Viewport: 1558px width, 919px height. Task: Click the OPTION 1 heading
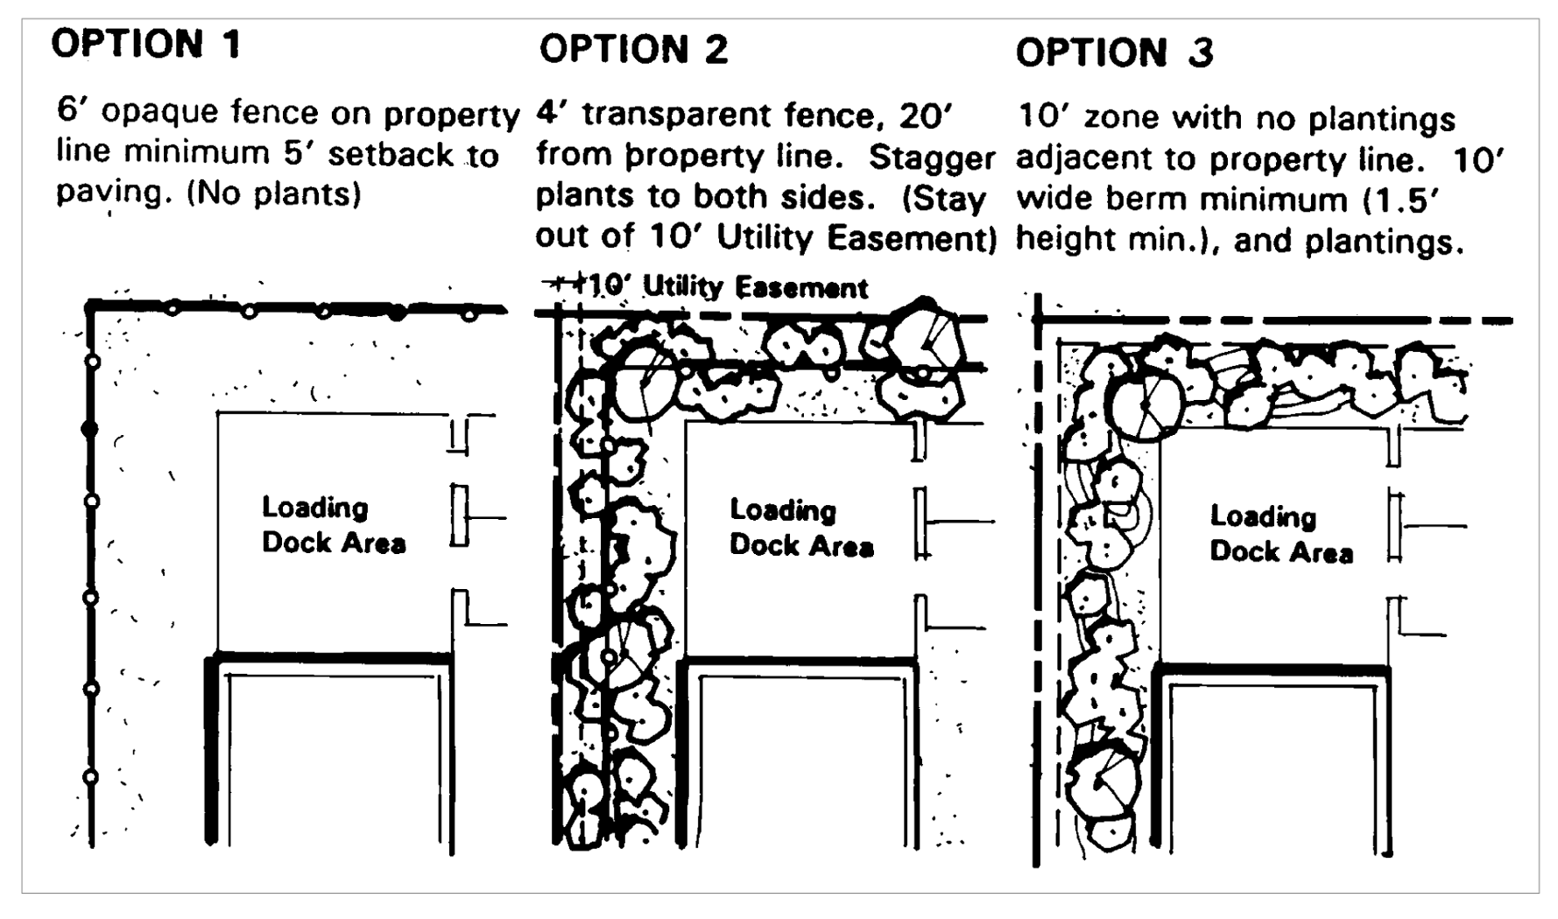pyautogui.click(x=145, y=44)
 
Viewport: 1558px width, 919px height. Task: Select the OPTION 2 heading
pyautogui.click(x=633, y=49)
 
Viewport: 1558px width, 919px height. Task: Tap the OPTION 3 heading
pyautogui.click(x=1114, y=53)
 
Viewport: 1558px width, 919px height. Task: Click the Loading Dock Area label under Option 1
pyautogui.click(x=333, y=525)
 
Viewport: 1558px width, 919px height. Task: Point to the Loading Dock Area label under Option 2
pyautogui.click(x=800, y=528)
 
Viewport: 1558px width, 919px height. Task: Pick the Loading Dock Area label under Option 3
pyautogui.click(x=1280, y=533)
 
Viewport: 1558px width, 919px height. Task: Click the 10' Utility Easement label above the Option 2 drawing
pyautogui.click(x=727, y=287)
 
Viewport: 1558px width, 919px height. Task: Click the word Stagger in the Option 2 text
pyautogui.click(x=931, y=158)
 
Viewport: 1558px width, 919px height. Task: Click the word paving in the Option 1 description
pyautogui.click(x=110, y=193)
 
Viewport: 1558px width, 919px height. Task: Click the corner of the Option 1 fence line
pyautogui.click(x=91, y=305)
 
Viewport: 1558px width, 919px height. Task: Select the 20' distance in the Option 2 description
pyautogui.click(x=930, y=116)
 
